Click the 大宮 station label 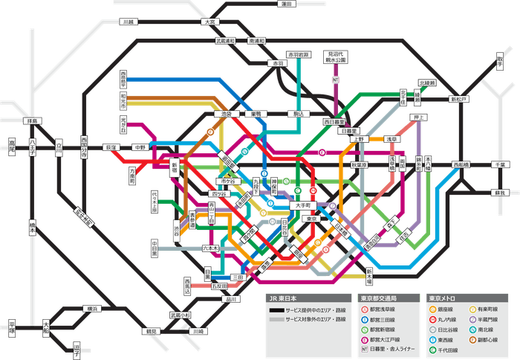coord(209,22)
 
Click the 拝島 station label coord(31,120)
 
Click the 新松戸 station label coord(460,98)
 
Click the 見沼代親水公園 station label coord(336,57)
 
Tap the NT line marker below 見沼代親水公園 coord(336,79)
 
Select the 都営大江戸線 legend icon coord(363,337)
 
